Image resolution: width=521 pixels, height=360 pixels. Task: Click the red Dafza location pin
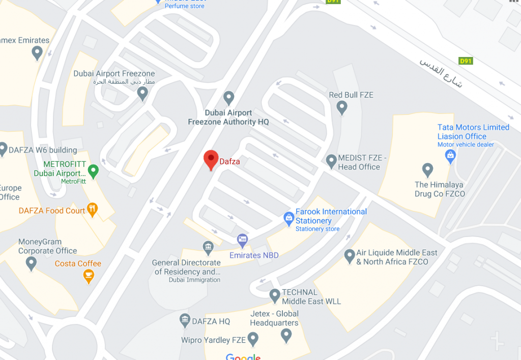(x=211, y=159)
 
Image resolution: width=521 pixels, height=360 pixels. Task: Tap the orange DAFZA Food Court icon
(x=92, y=209)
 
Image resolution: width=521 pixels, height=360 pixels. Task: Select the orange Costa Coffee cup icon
(x=89, y=276)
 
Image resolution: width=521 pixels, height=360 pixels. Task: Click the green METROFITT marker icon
(x=93, y=170)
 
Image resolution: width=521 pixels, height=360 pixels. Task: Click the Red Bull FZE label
(x=351, y=95)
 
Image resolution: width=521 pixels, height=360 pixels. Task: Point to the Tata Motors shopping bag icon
(x=450, y=155)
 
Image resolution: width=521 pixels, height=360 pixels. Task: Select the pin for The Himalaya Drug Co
(x=428, y=169)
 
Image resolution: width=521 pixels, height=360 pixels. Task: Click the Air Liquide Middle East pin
(x=350, y=255)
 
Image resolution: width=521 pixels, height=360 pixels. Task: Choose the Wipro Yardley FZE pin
(x=253, y=338)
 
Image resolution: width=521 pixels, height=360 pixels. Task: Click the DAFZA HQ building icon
(x=185, y=320)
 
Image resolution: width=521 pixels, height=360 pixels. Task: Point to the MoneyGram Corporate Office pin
(x=32, y=263)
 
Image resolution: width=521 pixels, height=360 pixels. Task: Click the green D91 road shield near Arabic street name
(x=466, y=61)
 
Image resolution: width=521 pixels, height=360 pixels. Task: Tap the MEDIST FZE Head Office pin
(x=331, y=161)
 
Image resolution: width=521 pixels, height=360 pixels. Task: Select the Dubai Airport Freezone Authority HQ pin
(x=229, y=97)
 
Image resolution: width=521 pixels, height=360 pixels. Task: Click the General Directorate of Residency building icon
(x=208, y=248)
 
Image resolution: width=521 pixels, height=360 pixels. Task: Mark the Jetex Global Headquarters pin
(x=286, y=335)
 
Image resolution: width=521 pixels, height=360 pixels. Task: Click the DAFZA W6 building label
(x=43, y=150)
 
